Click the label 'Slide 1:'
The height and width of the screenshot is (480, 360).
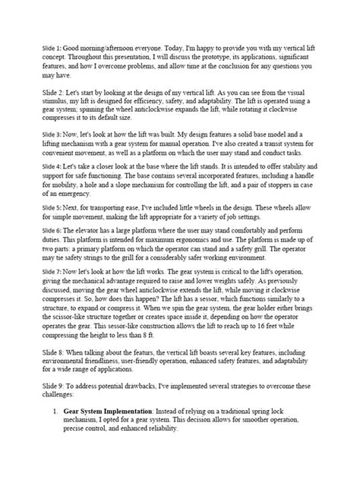tap(54, 46)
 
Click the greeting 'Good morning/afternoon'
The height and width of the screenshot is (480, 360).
tap(102, 46)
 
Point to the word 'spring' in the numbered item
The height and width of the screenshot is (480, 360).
tap(294, 409)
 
